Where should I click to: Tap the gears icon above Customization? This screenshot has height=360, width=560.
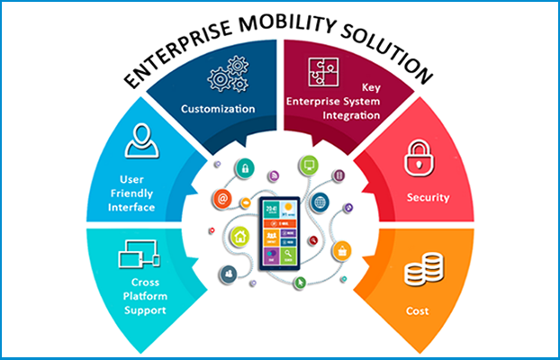point(228,74)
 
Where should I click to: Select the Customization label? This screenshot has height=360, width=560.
point(218,109)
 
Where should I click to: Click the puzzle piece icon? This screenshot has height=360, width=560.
point(323,72)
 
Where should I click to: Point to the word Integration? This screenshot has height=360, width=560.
point(351,116)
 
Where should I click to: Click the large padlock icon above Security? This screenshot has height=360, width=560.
point(419,158)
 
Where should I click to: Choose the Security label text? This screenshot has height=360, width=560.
point(429,197)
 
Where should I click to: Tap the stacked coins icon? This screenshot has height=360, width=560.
point(424,270)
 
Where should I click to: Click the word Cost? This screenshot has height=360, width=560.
point(417,311)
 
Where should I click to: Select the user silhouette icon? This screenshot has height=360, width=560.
point(141,140)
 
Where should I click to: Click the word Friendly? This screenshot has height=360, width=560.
point(131,193)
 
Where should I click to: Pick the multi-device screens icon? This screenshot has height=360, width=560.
point(140,254)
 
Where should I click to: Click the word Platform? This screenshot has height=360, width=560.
point(145,296)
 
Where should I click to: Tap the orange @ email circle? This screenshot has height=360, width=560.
point(222,199)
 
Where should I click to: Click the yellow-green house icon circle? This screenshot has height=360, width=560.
point(240,237)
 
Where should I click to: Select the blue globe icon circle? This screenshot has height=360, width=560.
point(320,202)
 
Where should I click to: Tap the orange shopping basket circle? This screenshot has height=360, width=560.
point(342,251)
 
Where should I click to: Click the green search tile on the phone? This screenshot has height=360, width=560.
point(288,256)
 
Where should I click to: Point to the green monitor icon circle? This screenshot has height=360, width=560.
point(309,166)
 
